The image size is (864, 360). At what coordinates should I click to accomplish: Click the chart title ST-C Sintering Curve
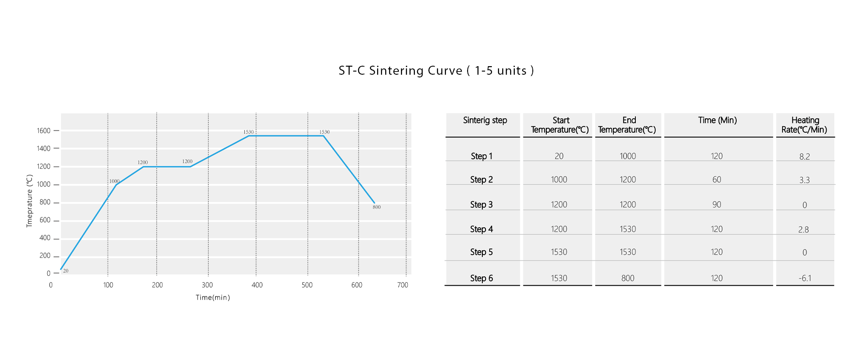[436, 71]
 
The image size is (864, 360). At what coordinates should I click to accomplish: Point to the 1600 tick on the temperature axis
[44, 131]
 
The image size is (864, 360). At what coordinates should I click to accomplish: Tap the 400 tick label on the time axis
[257, 285]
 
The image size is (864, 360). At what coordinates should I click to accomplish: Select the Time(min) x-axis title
[212, 297]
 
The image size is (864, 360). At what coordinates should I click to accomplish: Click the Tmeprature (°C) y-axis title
[30, 201]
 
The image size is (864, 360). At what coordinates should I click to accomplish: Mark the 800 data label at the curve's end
[377, 207]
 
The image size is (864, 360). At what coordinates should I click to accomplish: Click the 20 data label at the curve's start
[66, 271]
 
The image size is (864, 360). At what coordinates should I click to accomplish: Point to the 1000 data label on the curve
[114, 181]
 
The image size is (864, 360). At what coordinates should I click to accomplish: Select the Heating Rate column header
[805, 125]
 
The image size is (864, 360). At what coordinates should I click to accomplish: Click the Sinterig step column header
[485, 120]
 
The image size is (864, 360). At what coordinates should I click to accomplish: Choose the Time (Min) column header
[717, 120]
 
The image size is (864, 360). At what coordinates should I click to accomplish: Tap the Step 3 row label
[481, 205]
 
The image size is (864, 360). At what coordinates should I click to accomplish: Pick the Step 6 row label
[481, 278]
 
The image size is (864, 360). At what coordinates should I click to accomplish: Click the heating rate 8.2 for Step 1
[805, 157]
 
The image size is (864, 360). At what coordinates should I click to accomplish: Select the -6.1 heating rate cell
[805, 278]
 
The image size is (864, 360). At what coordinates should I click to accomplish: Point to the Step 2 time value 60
[717, 180]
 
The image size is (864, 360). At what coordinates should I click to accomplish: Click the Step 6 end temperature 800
[628, 278]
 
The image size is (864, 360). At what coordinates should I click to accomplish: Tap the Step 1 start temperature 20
[559, 156]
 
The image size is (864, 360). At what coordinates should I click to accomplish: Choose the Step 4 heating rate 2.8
[804, 229]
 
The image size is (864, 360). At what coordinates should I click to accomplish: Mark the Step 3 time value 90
[717, 205]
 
